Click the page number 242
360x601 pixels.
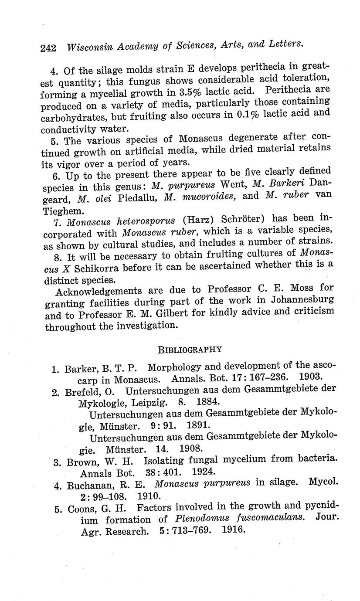pyautogui.click(x=48, y=48)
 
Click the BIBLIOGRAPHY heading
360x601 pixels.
pyautogui.click(x=190, y=349)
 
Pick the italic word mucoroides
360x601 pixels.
pyautogui.click(x=200, y=197)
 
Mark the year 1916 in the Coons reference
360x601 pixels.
pyautogui.click(x=234, y=531)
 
